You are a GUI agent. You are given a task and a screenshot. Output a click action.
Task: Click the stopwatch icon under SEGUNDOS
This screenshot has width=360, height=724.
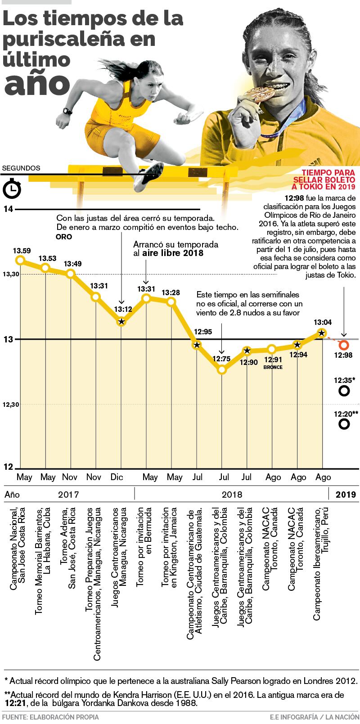pyautogui.click(x=12, y=189)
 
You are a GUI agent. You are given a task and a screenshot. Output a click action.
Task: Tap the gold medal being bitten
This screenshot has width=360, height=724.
pyautogui.click(x=260, y=94)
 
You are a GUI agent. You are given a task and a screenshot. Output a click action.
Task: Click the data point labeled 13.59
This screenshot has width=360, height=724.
pyautogui.click(x=20, y=260)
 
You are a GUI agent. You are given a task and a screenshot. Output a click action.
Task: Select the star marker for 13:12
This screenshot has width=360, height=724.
pyautogui.click(x=121, y=321)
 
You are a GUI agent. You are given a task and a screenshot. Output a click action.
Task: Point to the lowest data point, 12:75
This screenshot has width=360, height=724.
pyautogui.click(x=221, y=369)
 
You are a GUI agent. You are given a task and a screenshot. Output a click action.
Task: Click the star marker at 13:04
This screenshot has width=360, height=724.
pyautogui.click(x=321, y=333)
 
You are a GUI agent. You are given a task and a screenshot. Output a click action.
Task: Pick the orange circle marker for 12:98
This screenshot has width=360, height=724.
pyautogui.click(x=344, y=345)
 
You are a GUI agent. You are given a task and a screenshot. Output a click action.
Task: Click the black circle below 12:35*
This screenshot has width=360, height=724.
pyautogui.click(x=344, y=391)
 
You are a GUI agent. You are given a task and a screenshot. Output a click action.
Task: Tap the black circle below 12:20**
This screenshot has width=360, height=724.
pyautogui.click(x=344, y=423)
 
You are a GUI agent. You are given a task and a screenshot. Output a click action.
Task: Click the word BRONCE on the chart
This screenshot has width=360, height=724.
pyautogui.click(x=273, y=367)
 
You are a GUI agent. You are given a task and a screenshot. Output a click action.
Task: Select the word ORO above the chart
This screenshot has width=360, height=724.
pyautogui.click(x=63, y=237)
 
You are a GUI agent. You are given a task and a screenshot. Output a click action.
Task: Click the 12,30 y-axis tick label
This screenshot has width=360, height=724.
pyautogui.click(x=11, y=405)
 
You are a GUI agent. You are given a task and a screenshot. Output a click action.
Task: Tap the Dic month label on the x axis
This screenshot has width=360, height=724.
pyautogui.click(x=117, y=477)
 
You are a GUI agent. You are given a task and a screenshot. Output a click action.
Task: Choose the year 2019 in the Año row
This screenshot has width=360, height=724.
pyautogui.click(x=346, y=495)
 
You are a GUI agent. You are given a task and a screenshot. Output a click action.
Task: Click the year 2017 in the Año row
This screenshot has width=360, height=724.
pyautogui.click(x=68, y=495)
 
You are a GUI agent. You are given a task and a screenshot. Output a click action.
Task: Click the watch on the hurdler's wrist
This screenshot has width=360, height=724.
pyautogui.click(x=67, y=111)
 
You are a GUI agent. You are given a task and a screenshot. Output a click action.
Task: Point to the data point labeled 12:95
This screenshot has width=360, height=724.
pyautogui.click(x=197, y=345)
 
